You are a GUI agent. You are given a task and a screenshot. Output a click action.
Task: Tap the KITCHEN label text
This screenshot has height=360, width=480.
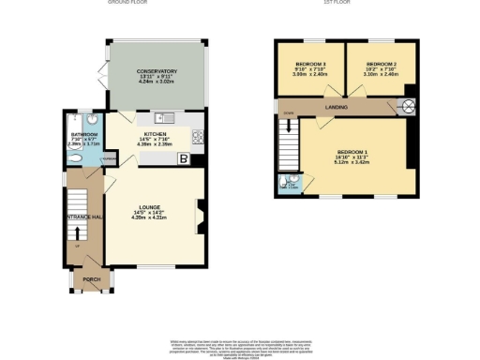tap(155, 134)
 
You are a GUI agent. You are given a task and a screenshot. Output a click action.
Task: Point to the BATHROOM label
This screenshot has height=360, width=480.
tap(83, 134)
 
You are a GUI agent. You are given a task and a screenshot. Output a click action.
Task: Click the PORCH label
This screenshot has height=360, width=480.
tap(92, 279)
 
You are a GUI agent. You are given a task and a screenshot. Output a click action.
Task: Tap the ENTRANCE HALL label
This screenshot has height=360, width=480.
tap(83, 217)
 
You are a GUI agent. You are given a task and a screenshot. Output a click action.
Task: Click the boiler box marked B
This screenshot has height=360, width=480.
tap(183, 159)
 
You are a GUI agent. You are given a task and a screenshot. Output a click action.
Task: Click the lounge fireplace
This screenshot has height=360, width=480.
tap(199, 217)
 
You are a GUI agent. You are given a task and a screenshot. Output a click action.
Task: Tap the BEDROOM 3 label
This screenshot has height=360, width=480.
tap(309, 64)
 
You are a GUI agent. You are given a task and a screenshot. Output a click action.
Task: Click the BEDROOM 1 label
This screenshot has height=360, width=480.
tap(352, 151)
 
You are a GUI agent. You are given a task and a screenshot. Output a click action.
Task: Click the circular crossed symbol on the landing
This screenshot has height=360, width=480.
tap(409, 104)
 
